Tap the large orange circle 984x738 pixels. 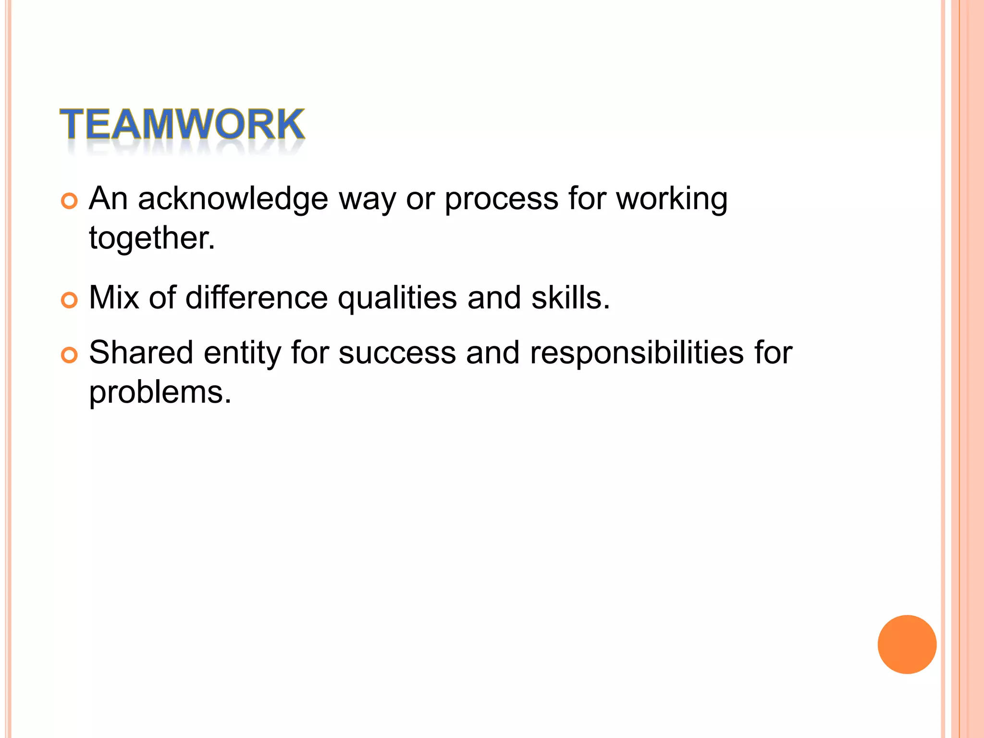(907, 644)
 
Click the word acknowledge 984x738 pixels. (233, 199)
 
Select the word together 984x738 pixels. (152, 238)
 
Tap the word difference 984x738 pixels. (257, 297)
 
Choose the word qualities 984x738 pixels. (397, 298)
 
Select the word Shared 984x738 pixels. (141, 353)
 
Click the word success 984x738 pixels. (397, 353)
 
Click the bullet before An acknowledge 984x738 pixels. (69, 201)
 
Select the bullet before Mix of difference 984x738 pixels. (69, 300)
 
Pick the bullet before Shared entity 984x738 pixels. (69, 356)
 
